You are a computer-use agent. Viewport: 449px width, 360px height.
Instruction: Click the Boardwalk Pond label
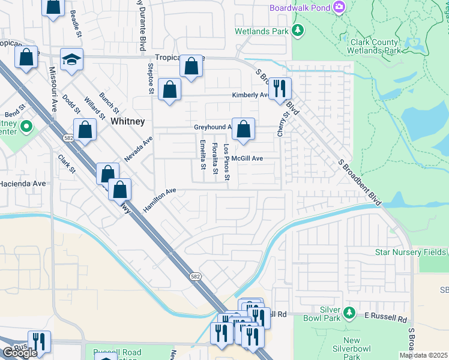(300, 8)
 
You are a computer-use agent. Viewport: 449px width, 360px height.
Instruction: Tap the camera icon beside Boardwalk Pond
(340, 7)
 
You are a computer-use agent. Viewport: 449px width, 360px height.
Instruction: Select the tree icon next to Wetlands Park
(297, 29)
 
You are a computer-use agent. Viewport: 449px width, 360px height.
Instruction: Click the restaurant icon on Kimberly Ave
(279, 88)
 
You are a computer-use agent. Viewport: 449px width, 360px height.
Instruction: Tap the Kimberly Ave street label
(251, 95)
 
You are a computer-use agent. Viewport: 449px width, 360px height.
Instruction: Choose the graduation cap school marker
(71, 59)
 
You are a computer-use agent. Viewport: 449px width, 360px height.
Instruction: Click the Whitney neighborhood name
(127, 121)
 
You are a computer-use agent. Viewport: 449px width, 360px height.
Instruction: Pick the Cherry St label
(280, 123)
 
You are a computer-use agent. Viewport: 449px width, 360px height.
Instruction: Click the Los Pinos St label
(227, 163)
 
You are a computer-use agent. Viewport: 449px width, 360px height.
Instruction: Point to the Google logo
(20, 353)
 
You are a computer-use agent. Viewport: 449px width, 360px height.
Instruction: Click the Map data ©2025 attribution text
(423, 355)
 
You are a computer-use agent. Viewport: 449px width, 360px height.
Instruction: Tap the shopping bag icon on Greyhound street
(243, 129)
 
